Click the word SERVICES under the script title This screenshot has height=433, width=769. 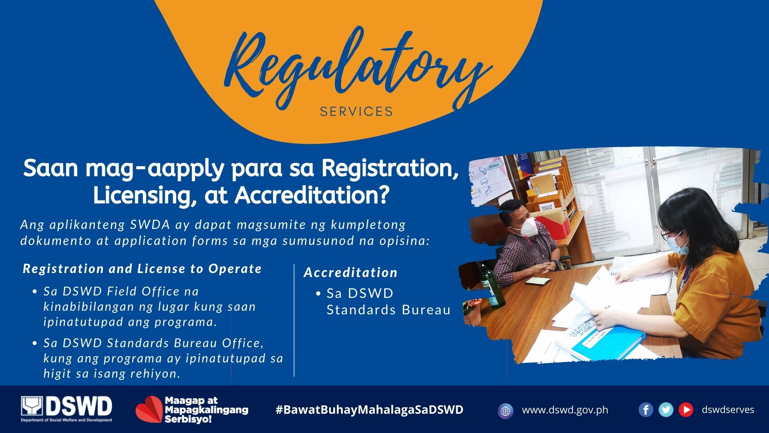pyautogui.click(x=356, y=111)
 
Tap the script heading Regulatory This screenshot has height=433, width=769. pyautogui.click(x=356, y=68)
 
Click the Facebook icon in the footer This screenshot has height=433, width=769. pyautogui.click(x=646, y=410)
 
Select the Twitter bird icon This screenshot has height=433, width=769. pyautogui.click(x=666, y=410)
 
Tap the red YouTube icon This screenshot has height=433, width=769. pyautogui.click(x=686, y=410)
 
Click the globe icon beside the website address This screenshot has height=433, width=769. pyautogui.click(x=505, y=411)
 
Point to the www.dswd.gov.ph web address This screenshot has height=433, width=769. pyautogui.click(x=565, y=410)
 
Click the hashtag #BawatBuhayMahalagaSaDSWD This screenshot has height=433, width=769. pyautogui.click(x=369, y=410)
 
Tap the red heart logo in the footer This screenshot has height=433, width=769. pyautogui.click(x=149, y=410)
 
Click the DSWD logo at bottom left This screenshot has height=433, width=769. pyautogui.click(x=66, y=409)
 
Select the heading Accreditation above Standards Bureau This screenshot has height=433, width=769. pyautogui.click(x=350, y=272)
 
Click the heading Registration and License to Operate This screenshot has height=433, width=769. pyautogui.click(x=142, y=269)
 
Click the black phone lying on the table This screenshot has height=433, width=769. pyautogui.click(x=538, y=280)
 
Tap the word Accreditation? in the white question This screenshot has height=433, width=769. pyautogui.click(x=312, y=196)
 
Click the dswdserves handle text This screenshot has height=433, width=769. pyautogui.click(x=728, y=410)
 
